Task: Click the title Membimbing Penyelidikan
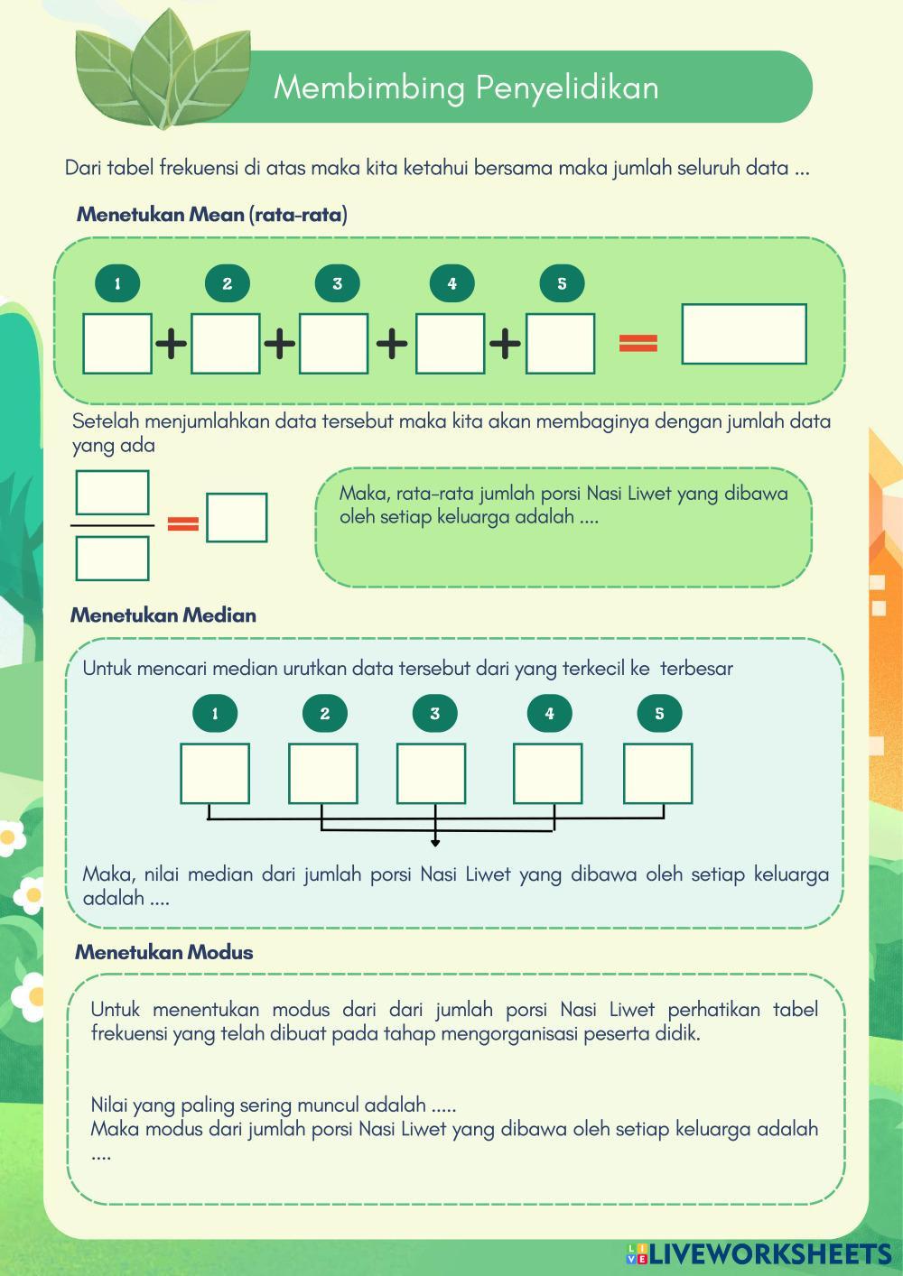(x=466, y=88)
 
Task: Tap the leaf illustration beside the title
(x=163, y=69)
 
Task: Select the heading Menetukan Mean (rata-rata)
(x=212, y=215)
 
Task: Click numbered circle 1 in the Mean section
(x=117, y=283)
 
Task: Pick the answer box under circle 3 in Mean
(x=333, y=344)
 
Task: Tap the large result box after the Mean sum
(x=744, y=334)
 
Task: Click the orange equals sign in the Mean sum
(x=638, y=343)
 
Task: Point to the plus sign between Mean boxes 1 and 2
(x=171, y=344)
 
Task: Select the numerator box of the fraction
(x=112, y=493)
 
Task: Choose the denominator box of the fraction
(x=112, y=559)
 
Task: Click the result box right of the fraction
(x=237, y=517)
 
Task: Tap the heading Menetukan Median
(x=163, y=615)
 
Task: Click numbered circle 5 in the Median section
(x=659, y=713)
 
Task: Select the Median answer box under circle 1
(x=215, y=773)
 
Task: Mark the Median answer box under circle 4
(x=548, y=773)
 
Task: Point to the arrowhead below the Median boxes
(x=435, y=843)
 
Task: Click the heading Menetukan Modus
(x=164, y=952)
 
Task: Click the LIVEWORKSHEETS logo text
(x=770, y=1253)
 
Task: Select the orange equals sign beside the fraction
(x=183, y=522)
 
